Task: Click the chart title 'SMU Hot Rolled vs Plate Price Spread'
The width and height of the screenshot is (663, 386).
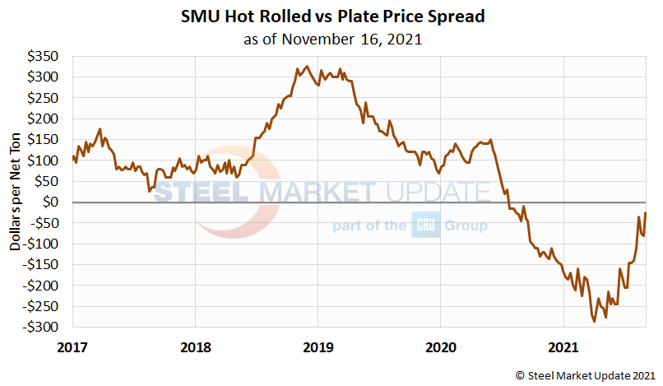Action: click(x=331, y=16)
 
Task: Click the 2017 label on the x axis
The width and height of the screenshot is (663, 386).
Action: click(x=73, y=346)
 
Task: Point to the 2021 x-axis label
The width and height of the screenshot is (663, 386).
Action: click(x=563, y=346)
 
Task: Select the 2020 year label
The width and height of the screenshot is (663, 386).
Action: click(x=440, y=346)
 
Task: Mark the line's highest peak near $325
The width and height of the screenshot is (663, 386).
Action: click(x=307, y=67)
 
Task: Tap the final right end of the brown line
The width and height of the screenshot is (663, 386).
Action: click(x=646, y=213)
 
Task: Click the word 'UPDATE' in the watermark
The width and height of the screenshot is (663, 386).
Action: click(x=438, y=193)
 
